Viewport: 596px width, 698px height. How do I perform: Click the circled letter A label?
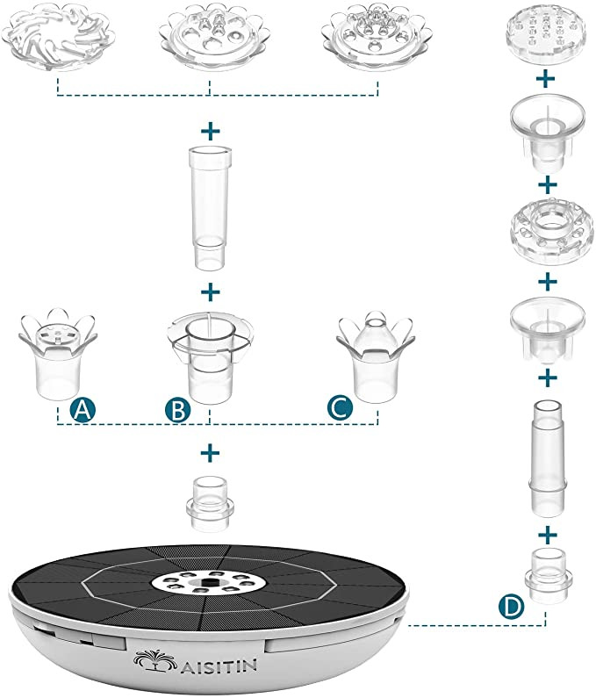coord(83,409)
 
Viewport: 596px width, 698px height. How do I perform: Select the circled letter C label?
coord(338,409)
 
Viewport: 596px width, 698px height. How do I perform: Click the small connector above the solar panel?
coord(210,504)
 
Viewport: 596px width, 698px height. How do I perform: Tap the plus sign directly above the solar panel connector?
coord(210,452)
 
